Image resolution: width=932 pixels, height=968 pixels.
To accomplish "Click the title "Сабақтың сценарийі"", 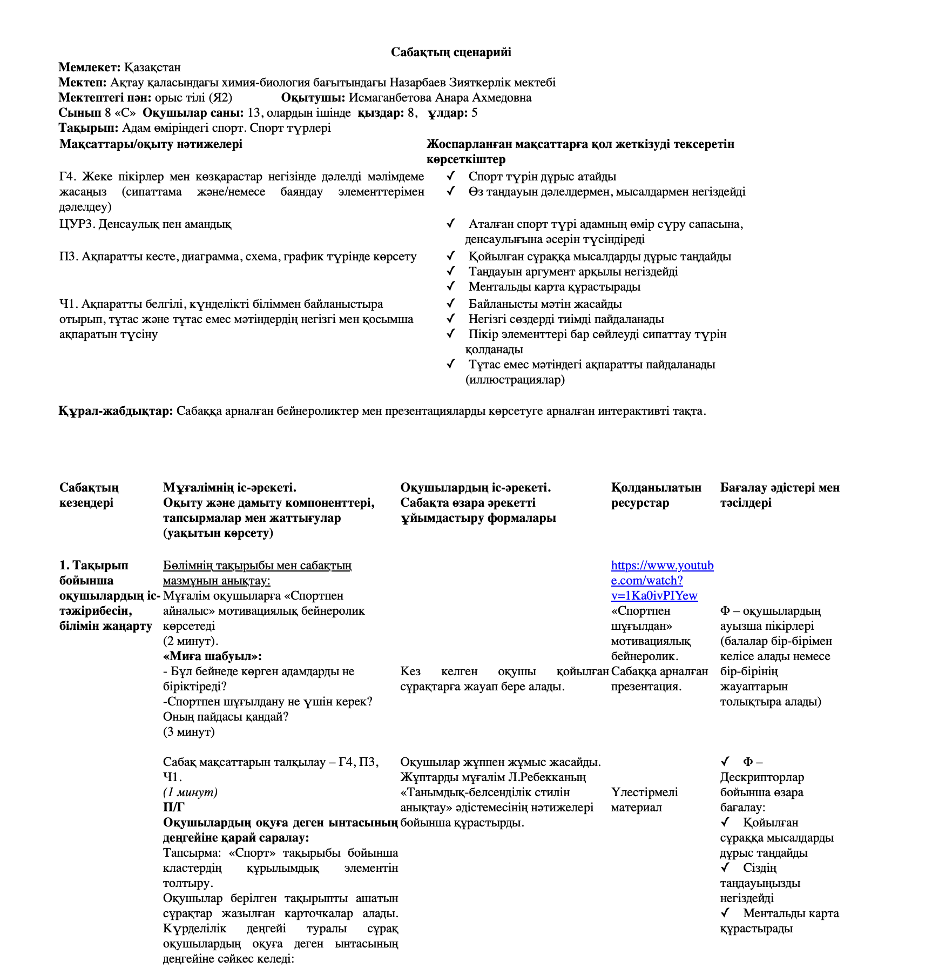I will point(451,52).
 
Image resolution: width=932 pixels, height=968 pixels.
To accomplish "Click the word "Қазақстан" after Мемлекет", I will point(152,68).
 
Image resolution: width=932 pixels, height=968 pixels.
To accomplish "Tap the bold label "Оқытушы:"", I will point(313,98).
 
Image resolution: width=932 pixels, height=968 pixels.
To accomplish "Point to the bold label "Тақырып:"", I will point(89,128).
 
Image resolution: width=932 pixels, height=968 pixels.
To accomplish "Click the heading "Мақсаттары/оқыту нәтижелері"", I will point(151,144).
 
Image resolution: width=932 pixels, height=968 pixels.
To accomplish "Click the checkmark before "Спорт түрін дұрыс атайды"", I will point(451,176).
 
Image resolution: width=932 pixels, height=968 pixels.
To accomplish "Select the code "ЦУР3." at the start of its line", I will point(77,224).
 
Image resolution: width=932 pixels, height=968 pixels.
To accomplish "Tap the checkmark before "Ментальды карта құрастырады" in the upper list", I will point(451,286).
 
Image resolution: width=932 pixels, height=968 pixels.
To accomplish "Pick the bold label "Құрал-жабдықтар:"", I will point(116,411).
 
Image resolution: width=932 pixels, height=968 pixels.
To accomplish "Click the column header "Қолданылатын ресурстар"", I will point(656,495).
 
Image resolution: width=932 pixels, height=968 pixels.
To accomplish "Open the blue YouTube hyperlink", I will point(662,581).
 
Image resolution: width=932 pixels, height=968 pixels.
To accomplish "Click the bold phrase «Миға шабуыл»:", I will point(212,656).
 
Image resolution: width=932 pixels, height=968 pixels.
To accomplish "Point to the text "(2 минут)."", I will point(191,641).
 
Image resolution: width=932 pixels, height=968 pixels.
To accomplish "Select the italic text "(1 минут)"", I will point(190,792).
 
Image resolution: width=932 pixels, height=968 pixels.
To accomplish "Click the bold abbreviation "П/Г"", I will point(173,808).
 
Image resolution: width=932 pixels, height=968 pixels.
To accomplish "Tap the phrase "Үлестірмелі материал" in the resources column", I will point(644,800).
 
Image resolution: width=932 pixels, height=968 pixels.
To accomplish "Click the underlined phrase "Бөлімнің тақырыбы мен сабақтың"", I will point(257,566).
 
